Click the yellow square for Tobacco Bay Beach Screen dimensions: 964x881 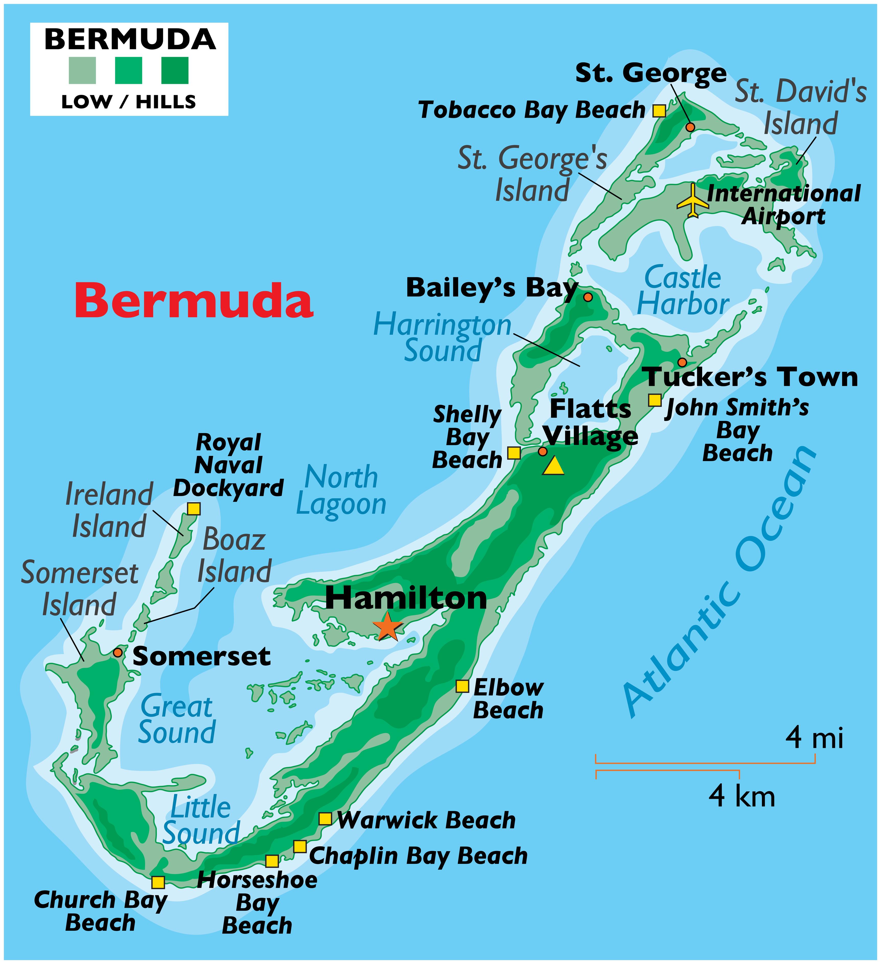coord(659,110)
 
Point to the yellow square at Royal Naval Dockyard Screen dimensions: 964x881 coord(193,508)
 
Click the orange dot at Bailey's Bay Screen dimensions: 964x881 coord(588,297)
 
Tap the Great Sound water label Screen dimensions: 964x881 coord(177,719)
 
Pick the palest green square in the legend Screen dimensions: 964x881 coord(82,70)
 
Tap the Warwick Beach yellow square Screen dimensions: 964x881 coord(325,819)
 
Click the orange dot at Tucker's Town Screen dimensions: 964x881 coord(682,362)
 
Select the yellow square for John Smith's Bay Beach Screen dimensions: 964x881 coord(655,400)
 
